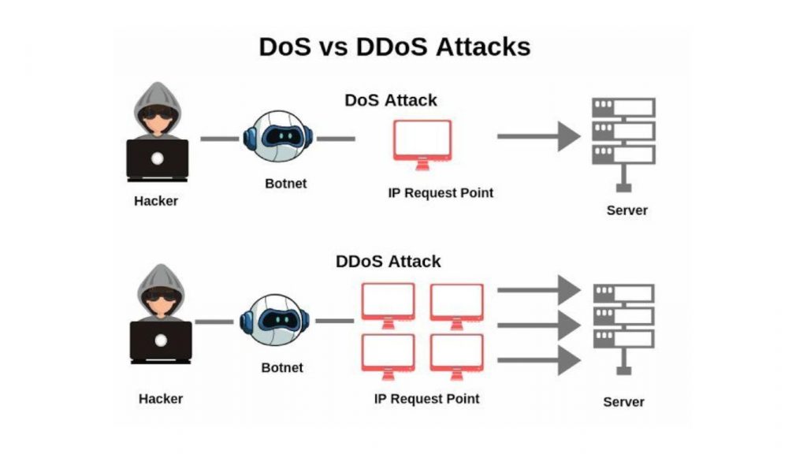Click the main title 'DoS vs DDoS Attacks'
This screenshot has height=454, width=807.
pos(394,47)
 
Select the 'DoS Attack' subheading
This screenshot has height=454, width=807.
pos(391,101)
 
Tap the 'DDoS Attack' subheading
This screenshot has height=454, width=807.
pos(389,262)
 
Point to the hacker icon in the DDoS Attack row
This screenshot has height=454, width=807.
pos(160,314)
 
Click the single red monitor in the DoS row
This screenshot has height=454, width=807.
pos(422,143)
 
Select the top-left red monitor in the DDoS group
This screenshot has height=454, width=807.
pos(388,303)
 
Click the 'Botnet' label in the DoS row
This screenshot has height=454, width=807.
pos(285,184)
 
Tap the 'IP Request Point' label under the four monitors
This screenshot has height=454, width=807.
pos(426,399)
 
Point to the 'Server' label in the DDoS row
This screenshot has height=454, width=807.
pos(623,402)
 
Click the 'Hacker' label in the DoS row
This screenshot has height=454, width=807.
pos(156,201)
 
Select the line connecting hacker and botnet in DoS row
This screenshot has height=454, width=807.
pos(219,139)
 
